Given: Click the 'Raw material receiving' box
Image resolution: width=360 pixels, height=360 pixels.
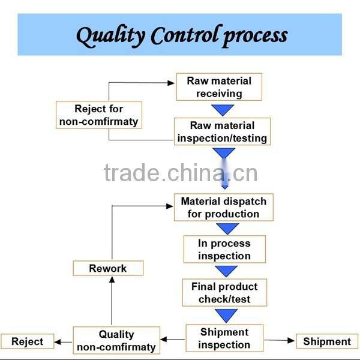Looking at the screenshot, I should click(218, 87).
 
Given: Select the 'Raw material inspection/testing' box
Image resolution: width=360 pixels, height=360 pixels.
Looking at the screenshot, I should click(222, 131).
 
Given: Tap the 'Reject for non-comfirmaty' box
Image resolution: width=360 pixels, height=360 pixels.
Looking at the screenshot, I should click(98, 115).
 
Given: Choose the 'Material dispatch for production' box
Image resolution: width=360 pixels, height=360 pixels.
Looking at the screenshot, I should click(223, 208).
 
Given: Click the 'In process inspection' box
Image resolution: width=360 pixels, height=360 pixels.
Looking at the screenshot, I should click(224, 250).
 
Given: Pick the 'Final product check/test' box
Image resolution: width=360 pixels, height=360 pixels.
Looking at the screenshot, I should click(224, 292).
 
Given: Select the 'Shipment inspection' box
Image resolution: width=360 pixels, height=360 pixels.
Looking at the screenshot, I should click(224, 338).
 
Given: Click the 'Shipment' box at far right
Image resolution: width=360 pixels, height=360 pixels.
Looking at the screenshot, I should click(327, 341).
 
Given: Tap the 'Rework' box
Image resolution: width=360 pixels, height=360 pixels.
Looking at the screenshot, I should click(108, 268).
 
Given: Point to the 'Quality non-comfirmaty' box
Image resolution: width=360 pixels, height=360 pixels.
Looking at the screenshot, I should click(116, 340).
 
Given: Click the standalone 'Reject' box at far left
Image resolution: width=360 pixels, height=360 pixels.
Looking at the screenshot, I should click(28, 341).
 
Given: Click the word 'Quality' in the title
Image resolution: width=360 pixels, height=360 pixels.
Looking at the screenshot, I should click(110, 36).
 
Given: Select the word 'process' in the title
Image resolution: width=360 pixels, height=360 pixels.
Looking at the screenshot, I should click(255, 36).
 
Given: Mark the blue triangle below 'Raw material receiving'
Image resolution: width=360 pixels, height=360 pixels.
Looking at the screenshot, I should click(223, 110).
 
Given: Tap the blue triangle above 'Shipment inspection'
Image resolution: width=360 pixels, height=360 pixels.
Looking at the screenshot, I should click(226, 315).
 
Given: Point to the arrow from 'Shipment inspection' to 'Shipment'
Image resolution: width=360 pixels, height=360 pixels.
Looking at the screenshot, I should click(280, 340).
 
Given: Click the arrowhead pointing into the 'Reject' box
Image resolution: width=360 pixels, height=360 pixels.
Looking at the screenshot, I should click(58, 342).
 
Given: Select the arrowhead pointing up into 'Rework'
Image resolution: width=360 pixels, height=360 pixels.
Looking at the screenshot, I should click(110, 280).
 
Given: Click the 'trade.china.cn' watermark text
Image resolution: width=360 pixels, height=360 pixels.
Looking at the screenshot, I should click(181, 173).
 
